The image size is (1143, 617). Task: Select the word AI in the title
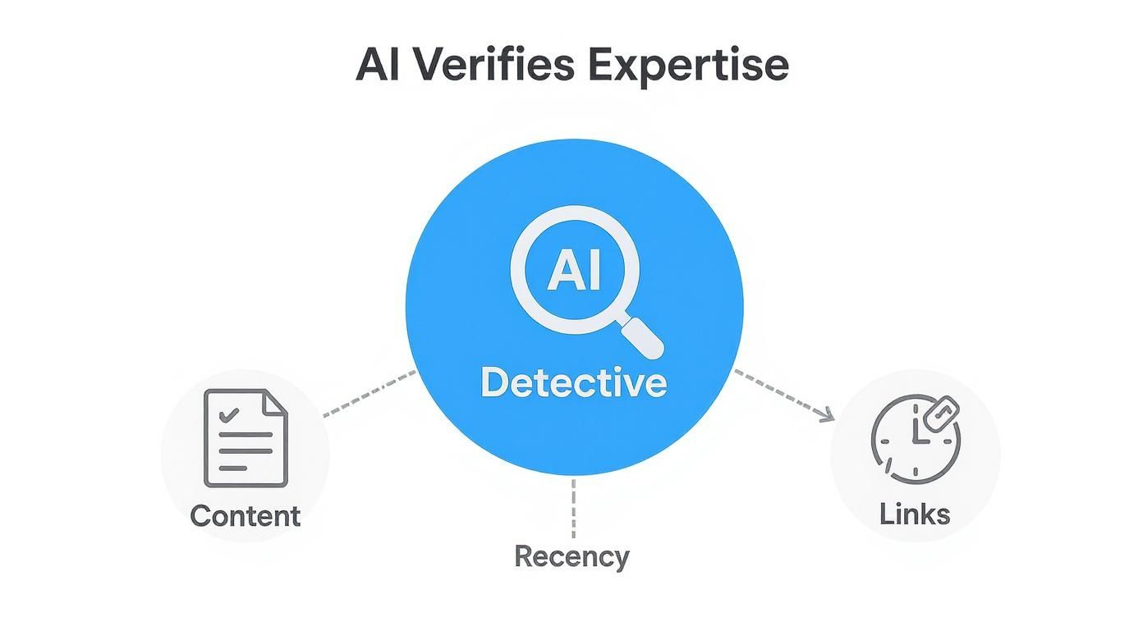point(379,66)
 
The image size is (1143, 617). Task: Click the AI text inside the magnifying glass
point(574,270)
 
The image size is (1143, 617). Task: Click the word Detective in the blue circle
point(573,383)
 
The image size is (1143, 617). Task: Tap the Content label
point(245,516)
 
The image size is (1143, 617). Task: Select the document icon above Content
point(246,438)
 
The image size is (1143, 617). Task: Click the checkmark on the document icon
point(231,414)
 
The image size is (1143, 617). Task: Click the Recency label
point(571,556)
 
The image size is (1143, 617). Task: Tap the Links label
point(915,514)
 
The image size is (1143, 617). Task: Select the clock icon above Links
point(914,440)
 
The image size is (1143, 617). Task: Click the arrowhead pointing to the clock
point(828,416)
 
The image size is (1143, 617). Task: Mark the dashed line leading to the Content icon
point(370,393)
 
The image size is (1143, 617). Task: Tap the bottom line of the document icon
point(234,468)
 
